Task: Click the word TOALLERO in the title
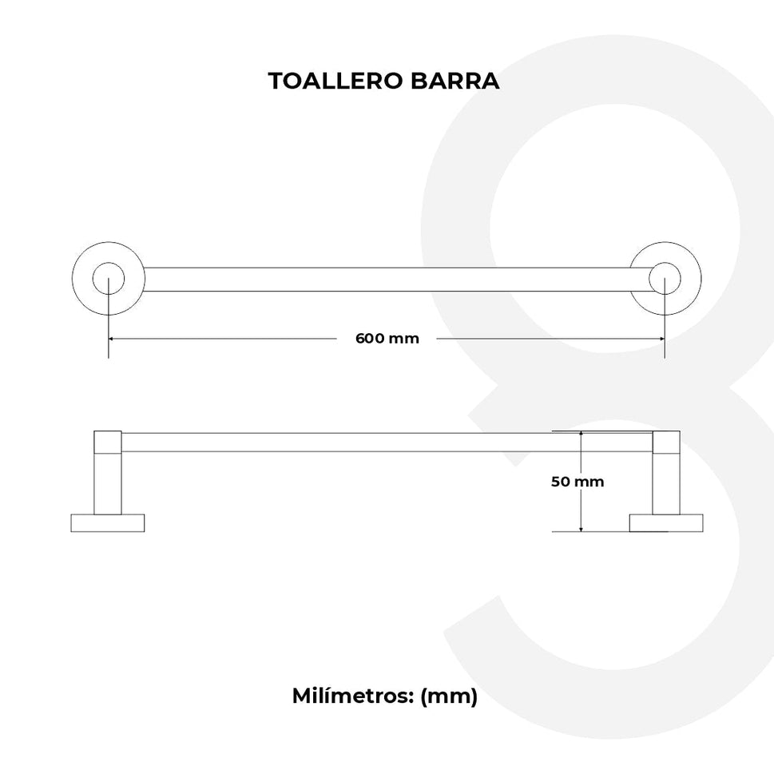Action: (x=326, y=81)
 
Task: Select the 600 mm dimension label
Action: (x=387, y=338)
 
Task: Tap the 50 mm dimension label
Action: (x=578, y=482)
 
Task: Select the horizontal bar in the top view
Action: (x=387, y=280)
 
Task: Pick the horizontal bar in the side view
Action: (x=387, y=442)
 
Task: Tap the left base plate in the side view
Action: (x=108, y=523)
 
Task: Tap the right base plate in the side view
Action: (x=665, y=523)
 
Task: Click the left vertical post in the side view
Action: (x=108, y=483)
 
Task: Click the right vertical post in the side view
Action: (x=665, y=483)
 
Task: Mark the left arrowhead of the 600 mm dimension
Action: (x=113, y=339)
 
